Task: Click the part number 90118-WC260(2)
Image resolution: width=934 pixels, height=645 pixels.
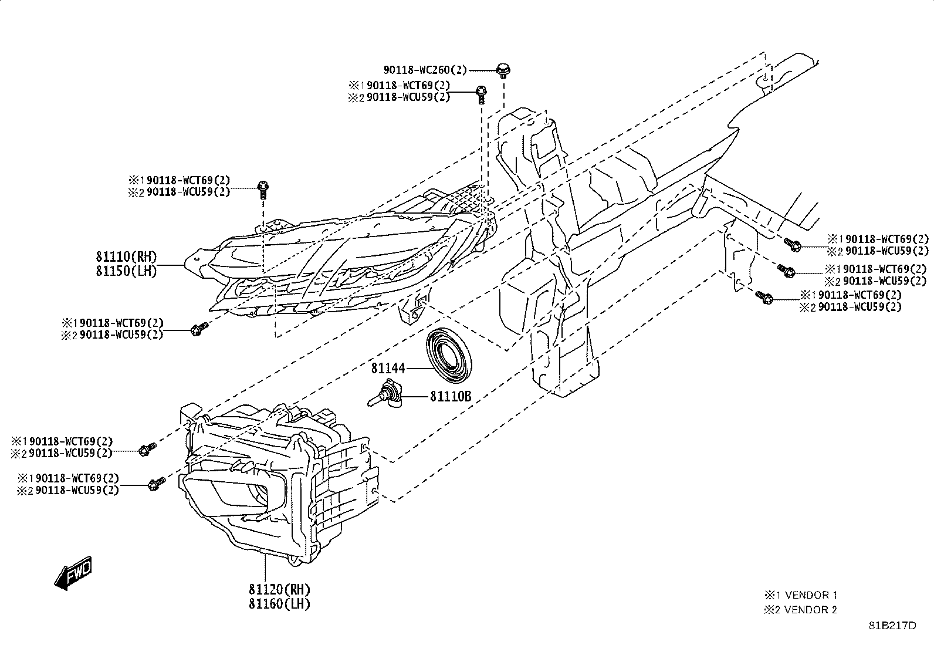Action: pyautogui.click(x=425, y=70)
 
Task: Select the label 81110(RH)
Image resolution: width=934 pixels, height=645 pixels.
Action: pyautogui.click(x=126, y=256)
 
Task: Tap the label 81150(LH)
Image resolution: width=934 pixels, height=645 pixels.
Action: pyautogui.click(x=126, y=271)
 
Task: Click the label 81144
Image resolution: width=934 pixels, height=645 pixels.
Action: pyautogui.click(x=388, y=369)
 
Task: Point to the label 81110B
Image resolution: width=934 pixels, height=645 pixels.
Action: pyautogui.click(x=451, y=396)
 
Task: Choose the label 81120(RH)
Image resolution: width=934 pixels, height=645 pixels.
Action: pyautogui.click(x=280, y=589)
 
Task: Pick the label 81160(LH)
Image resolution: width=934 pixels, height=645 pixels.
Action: pyautogui.click(x=280, y=604)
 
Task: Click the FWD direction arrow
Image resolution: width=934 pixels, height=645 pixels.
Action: pyautogui.click(x=73, y=573)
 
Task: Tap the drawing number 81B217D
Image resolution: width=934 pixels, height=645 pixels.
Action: pyautogui.click(x=892, y=626)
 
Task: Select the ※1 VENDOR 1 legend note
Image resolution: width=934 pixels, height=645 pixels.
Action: pyautogui.click(x=800, y=595)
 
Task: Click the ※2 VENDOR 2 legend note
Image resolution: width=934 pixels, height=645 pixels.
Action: pyautogui.click(x=800, y=610)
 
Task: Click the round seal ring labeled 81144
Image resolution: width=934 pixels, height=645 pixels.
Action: pyautogui.click(x=449, y=355)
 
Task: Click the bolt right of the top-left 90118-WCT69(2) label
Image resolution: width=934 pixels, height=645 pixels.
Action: pyautogui.click(x=263, y=190)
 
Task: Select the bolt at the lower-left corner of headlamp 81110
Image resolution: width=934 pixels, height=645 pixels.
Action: pyautogui.click(x=199, y=329)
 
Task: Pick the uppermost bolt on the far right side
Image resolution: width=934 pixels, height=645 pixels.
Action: pyautogui.click(x=793, y=245)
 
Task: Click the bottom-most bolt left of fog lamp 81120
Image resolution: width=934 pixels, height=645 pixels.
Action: pyautogui.click(x=157, y=484)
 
